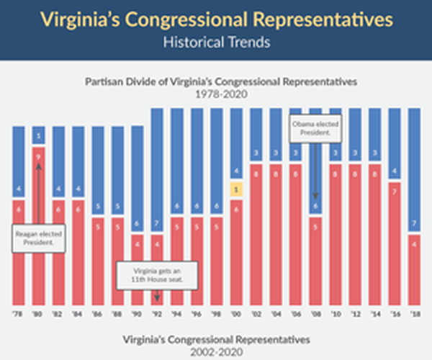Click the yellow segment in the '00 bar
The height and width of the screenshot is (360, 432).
point(236,189)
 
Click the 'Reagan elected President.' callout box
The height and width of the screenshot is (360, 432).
point(38,238)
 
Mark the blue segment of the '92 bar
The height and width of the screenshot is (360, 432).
point(157,169)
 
